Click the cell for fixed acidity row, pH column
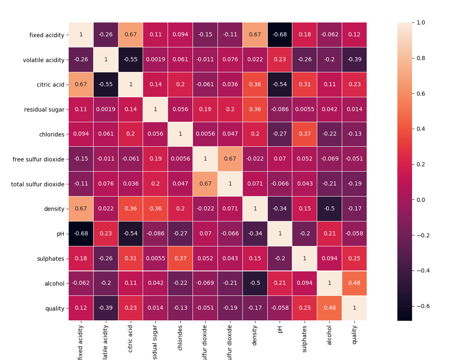(x=280, y=35)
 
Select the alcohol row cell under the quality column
(x=354, y=283)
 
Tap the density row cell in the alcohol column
(x=329, y=209)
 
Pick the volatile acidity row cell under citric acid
(x=130, y=60)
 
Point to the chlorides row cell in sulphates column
(x=305, y=134)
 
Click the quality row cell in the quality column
(x=354, y=308)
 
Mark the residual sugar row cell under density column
(x=255, y=110)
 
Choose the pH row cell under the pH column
(x=280, y=234)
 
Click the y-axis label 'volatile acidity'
(x=44, y=60)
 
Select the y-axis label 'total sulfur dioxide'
(x=38, y=184)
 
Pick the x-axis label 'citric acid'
(x=130, y=338)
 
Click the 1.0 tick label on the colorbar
(x=423, y=22)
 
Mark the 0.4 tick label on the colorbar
(x=423, y=129)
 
